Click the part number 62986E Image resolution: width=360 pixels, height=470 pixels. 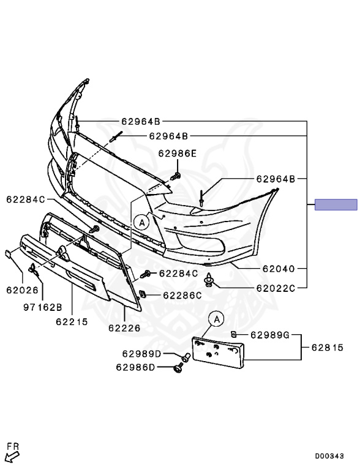178,154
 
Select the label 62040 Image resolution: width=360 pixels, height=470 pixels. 279,269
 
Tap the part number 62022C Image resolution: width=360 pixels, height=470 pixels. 276,288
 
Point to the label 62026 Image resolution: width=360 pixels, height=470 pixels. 23,290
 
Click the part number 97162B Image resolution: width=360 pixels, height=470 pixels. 43,307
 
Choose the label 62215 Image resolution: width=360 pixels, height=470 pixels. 72,322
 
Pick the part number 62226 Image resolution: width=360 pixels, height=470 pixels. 124,328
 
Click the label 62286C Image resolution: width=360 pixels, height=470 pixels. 182,296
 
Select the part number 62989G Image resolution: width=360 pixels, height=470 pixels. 270,335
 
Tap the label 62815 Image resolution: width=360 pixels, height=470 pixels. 328,348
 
